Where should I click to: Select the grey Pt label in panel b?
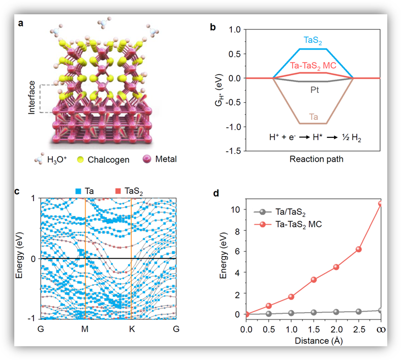314,90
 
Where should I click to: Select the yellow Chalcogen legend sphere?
82,159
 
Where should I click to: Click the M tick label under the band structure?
85,329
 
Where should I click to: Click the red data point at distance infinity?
380,204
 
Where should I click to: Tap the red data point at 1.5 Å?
314,280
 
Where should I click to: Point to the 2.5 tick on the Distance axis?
358,328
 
